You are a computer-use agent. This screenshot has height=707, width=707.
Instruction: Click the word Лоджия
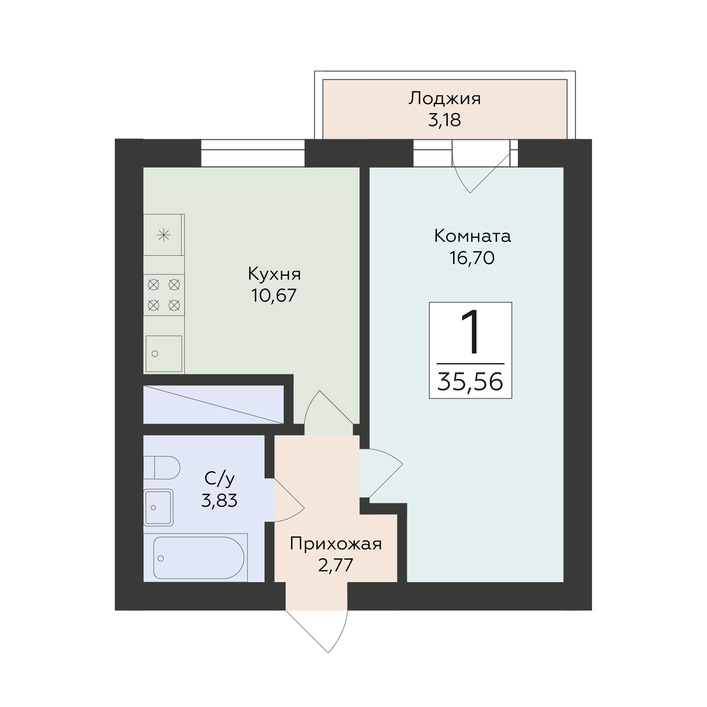pyautogui.click(x=444, y=99)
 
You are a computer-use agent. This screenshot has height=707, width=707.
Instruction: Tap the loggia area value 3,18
pyautogui.click(x=444, y=120)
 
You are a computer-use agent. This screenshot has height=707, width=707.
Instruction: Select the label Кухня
pyautogui.click(x=274, y=274)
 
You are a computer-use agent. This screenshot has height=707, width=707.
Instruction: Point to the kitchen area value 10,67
pyautogui.click(x=274, y=296)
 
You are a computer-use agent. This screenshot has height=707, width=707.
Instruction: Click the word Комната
pyautogui.click(x=472, y=236)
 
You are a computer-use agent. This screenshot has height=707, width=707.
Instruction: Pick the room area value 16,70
pyautogui.click(x=472, y=258)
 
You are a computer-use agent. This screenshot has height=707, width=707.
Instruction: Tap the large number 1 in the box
pyautogui.click(x=471, y=332)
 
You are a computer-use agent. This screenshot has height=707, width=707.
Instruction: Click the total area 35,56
pyautogui.click(x=470, y=381)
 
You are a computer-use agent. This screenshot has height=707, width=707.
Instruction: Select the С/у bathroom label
pyautogui.click(x=219, y=478)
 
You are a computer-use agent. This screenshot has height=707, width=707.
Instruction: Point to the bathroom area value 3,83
pyautogui.click(x=219, y=500)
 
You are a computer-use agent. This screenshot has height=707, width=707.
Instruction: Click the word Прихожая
pyautogui.click(x=336, y=544)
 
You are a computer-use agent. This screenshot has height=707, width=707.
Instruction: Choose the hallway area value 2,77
pyautogui.click(x=336, y=565)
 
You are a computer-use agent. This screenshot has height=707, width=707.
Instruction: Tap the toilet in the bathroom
pyautogui.click(x=162, y=468)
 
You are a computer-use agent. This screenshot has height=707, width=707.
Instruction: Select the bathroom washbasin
pyautogui.click(x=158, y=508)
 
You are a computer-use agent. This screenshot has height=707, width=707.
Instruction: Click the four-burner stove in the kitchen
pyautogui.click(x=164, y=295)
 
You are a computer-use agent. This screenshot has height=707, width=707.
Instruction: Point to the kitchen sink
pyautogui.click(x=164, y=354)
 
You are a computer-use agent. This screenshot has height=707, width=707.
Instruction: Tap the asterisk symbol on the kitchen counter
pyautogui.click(x=164, y=235)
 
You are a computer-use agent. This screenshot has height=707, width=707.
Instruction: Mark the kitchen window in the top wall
pyautogui.click(x=253, y=153)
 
